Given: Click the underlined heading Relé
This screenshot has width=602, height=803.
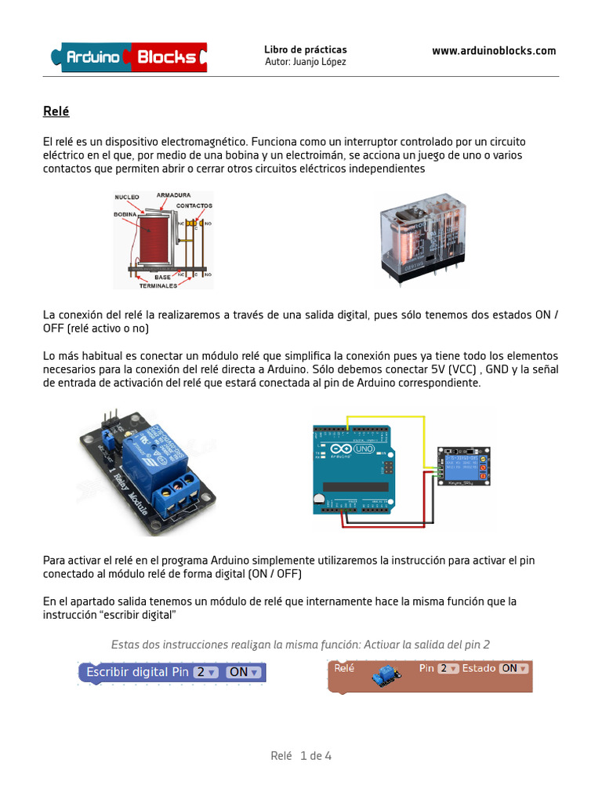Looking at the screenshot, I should point(56,111).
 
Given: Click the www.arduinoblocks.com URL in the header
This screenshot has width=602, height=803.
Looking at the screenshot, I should point(494,51).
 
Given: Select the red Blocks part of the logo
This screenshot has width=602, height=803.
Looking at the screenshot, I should point(167,57).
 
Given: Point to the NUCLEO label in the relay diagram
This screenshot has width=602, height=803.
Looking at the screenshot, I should point(127,197).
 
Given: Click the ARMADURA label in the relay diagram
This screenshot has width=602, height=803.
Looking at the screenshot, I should point(172,194).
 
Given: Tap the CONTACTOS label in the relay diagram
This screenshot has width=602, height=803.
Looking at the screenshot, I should point(194,205).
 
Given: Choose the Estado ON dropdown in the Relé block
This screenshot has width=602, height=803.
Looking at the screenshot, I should point(514,668).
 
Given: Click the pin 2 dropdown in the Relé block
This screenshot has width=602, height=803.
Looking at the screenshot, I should point(448,668).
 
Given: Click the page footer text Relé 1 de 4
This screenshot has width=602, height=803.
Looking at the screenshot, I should point(301,756).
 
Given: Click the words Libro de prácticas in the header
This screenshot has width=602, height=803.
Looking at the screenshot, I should point(305,49).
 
